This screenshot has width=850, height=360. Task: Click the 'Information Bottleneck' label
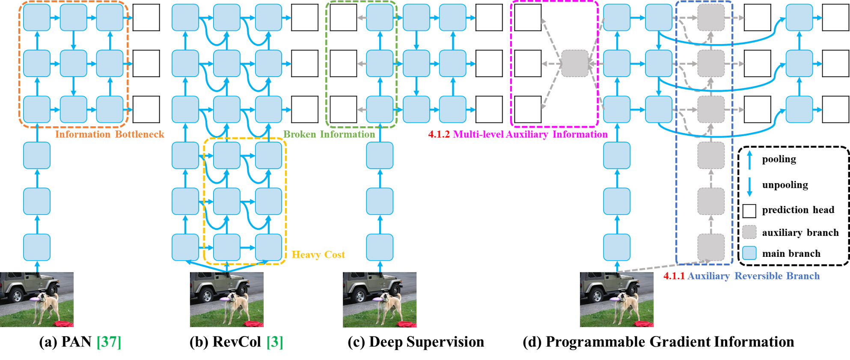tap(110, 134)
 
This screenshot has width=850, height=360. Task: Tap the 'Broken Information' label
tap(329, 134)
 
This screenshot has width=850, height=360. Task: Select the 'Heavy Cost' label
tap(318, 255)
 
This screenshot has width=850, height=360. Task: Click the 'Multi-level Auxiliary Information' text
tap(530, 134)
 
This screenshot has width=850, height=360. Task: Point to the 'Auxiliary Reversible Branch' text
tap(753, 276)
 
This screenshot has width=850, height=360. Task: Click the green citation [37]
tap(109, 342)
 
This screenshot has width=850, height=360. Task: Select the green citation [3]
tap(275, 342)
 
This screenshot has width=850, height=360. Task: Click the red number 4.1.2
tap(439, 134)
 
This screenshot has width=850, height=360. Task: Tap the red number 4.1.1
tap(674, 276)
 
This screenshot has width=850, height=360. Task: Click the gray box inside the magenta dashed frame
tap(575, 63)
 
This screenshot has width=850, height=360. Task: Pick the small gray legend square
tap(749, 232)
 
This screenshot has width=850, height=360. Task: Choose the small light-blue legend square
tap(749, 253)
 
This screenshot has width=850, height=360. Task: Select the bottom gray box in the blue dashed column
tap(711, 247)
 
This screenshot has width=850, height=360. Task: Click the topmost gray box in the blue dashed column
tap(711, 18)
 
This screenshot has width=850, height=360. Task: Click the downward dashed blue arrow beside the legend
tap(749, 187)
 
